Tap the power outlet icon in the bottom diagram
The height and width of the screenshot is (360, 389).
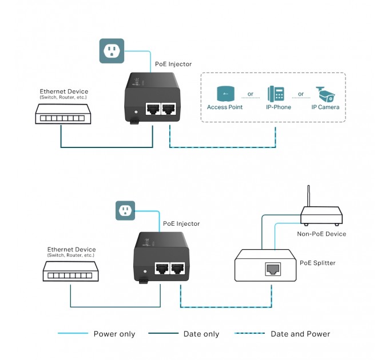point(126,210)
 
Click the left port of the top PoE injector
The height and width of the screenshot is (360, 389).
point(153,109)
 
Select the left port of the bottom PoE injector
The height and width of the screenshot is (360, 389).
point(162,268)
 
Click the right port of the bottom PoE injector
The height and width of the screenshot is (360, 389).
point(178,268)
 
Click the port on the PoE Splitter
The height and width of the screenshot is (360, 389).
point(272,269)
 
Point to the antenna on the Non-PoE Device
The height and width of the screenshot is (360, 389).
point(309,197)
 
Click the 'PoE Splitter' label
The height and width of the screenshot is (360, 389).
point(317,263)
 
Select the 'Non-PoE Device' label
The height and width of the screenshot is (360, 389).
point(321,234)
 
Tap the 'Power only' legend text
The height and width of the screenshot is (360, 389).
point(113,334)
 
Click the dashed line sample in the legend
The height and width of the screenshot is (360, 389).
point(247,334)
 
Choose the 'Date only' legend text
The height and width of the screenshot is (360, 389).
point(201,334)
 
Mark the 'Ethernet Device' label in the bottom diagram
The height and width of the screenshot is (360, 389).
point(72,249)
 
